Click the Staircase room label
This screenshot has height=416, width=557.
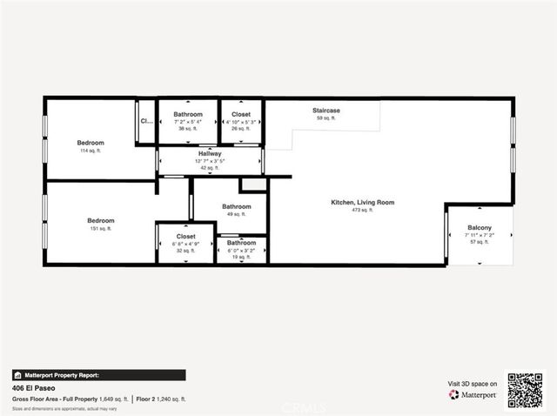(325, 111)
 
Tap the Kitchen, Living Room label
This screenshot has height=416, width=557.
(362, 202)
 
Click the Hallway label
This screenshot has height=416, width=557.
(210, 152)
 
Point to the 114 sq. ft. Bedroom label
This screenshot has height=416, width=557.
(91, 143)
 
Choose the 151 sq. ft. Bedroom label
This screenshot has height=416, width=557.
(100, 220)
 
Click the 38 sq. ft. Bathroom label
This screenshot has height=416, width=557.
(187, 115)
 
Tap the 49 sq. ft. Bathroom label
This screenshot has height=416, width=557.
(236, 206)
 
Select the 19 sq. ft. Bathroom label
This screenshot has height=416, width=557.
(241, 243)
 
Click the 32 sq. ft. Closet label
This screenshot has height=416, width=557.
(185, 236)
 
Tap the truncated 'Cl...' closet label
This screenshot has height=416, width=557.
(146, 121)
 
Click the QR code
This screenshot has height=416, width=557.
(525, 390)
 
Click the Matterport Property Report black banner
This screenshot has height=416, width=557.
(98, 375)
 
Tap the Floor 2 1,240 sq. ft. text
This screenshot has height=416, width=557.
(160, 399)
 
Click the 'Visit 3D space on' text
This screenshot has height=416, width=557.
(473, 383)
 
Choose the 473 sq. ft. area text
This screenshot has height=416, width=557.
(362, 211)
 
